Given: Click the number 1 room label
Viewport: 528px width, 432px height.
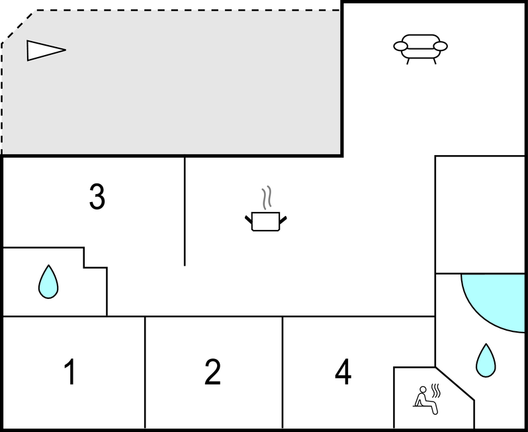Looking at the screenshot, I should (x=69, y=372).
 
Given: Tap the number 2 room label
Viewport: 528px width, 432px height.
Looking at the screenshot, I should (x=212, y=372).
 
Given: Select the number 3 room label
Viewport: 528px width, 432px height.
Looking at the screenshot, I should (x=97, y=197).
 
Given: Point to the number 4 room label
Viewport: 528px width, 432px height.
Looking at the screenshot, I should (x=343, y=372).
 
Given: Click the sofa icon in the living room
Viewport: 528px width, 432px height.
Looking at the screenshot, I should (x=420, y=48).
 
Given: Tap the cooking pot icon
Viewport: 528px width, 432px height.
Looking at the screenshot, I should (x=266, y=221).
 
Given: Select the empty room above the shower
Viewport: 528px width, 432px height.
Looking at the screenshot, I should (x=480, y=213).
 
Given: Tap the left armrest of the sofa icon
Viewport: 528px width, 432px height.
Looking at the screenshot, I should (x=400, y=46).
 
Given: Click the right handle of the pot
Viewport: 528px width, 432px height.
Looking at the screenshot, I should (x=283, y=217).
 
